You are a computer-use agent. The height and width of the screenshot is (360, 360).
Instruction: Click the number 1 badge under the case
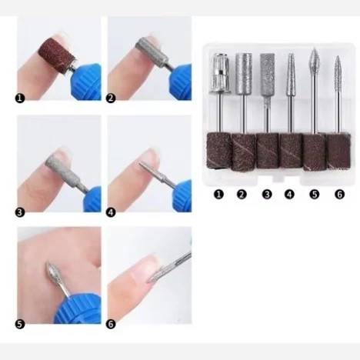[218, 194]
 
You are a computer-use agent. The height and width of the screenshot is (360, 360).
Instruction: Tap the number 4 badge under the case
[289, 194]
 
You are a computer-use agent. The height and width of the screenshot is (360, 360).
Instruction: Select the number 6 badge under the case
[339, 194]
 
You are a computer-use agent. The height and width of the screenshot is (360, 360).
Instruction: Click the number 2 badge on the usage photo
[111, 98]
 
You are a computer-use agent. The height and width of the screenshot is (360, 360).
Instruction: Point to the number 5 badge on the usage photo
[20, 325]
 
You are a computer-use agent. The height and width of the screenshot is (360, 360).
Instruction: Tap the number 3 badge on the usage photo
[20, 212]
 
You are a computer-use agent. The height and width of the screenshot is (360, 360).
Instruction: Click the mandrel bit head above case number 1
[220, 73]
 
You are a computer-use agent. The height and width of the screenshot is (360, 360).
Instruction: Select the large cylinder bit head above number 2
[244, 74]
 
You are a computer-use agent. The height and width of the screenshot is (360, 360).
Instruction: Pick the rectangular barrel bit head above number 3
[267, 75]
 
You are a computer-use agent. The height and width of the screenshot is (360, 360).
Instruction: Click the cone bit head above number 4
[291, 75]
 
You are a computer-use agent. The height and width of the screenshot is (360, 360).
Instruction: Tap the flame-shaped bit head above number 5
[315, 62]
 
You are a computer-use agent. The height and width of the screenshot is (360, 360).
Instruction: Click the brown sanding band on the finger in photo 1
[57, 56]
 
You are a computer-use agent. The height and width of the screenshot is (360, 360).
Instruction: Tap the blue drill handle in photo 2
[182, 82]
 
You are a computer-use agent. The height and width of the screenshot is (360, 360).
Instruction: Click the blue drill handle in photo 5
[78, 309]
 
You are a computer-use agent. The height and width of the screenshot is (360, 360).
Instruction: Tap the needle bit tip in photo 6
[148, 282]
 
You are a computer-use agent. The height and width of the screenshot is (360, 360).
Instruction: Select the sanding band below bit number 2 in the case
[243, 152]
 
